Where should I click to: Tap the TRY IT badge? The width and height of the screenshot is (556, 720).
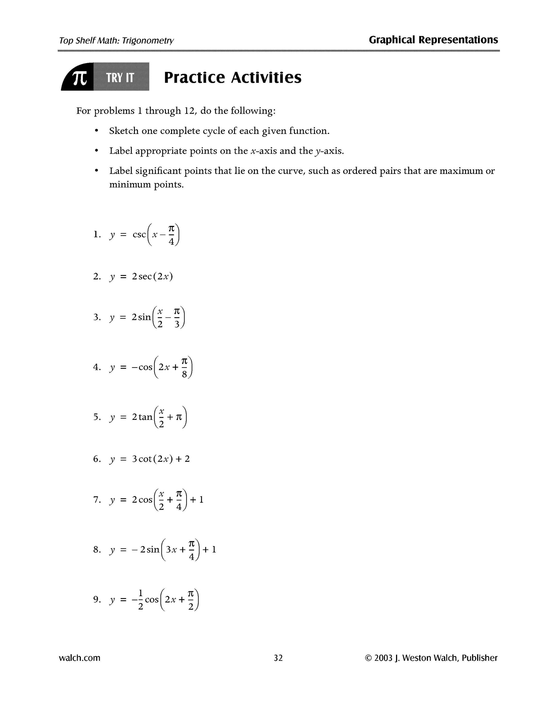click(x=120, y=78)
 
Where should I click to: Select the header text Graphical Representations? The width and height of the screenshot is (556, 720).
click(x=433, y=40)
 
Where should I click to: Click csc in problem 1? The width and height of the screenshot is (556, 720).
click(x=139, y=235)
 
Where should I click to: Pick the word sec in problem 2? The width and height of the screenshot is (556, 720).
click(x=145, y=276)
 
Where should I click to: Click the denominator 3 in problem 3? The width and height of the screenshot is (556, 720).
click(x=177, y=324)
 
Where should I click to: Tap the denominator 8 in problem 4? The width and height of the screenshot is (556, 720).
click(x=184, y=374)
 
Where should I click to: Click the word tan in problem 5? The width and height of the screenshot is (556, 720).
click(x=145, y=417)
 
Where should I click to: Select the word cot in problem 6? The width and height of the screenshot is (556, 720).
click(x=145, y=459)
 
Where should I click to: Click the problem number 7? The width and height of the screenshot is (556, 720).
click(x=96, y=500)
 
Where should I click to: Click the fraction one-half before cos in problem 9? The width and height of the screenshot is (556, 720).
click(x=141, y=599)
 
